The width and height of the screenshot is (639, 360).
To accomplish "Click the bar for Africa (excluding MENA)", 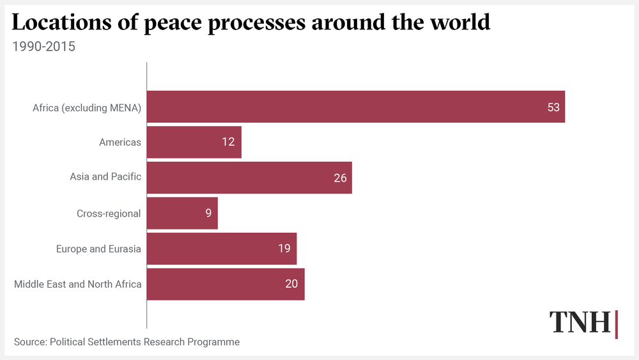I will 355,107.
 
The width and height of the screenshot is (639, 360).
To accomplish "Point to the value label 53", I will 553,107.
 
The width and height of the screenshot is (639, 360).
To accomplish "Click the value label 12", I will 229,142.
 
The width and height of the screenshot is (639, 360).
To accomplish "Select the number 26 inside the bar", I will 340,178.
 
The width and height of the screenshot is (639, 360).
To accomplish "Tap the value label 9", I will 208,213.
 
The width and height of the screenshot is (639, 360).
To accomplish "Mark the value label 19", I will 284,249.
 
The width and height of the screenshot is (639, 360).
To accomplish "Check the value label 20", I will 291,284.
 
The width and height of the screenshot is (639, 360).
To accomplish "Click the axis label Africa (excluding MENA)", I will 87,107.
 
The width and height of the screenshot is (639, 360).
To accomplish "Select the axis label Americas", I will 120,142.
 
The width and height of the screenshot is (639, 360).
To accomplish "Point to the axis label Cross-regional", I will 109,213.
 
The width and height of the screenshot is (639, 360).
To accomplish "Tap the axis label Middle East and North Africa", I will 77,284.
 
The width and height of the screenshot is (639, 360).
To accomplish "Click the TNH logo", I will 583,323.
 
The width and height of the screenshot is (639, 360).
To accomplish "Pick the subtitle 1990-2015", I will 43,46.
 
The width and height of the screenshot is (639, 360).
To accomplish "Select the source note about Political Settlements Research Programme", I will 127,342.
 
